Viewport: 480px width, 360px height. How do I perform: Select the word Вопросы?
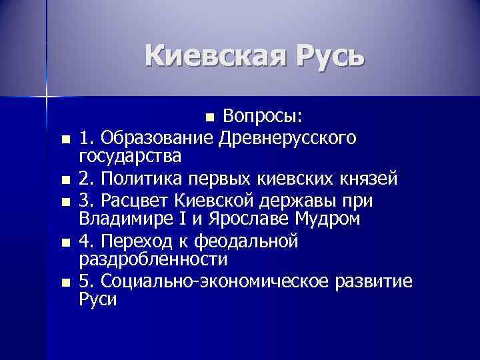point(264,117)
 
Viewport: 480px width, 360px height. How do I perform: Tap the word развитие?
point(374,281)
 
